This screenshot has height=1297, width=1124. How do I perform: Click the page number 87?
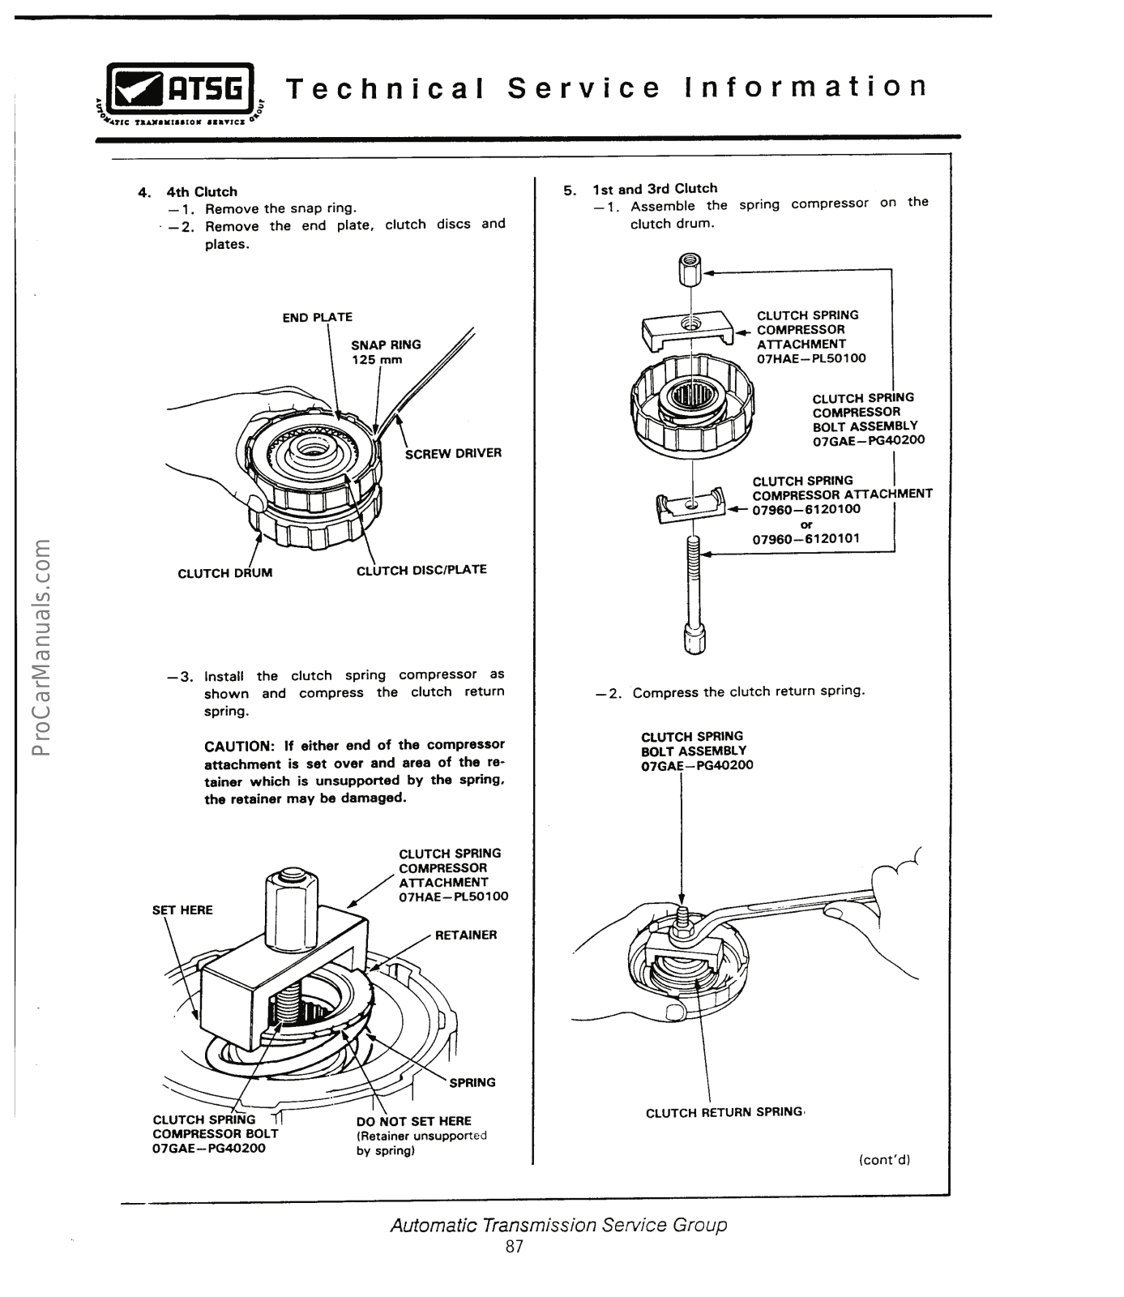tap(515, 1247)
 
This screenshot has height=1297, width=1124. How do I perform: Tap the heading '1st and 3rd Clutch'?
tap(655, 189)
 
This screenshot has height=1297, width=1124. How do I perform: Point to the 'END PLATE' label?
tap(317, 317)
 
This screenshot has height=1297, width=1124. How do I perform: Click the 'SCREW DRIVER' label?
tap(453, 453)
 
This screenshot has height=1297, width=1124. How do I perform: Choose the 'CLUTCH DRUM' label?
tap(224, 573)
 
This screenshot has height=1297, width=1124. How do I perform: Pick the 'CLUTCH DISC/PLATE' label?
tap(421, 570)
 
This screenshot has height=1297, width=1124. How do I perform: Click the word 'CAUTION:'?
tap(239, 745)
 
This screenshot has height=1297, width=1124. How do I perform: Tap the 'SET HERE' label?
tap(182, 910)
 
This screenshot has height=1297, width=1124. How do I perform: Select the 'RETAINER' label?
tap(466, 935)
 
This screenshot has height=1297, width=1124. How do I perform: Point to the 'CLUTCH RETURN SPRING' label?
tap(723, 1112)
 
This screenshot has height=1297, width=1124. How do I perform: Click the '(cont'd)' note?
tap(885, 1159)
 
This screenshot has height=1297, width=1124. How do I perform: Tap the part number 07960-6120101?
tap(806, 538)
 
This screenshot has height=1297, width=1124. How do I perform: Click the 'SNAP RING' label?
tap(386, 345)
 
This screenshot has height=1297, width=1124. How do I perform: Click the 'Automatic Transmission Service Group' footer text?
tap(558, 1224)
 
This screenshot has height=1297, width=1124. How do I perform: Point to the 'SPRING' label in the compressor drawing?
tap(472, 1082)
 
